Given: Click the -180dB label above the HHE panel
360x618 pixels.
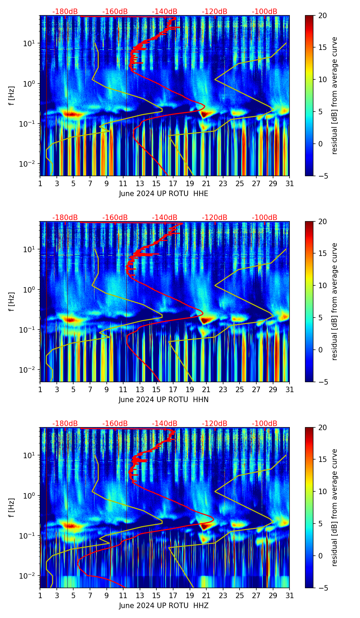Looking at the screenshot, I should coord(65,12).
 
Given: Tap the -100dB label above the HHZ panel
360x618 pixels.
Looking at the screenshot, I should coord(265,424).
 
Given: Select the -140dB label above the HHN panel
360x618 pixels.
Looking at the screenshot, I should coord(165,218).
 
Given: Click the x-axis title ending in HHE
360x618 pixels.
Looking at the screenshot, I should coord(164,194).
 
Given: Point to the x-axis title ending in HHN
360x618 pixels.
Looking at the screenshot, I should coord(164,400).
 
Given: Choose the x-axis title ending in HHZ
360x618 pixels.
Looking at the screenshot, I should coord(164,606).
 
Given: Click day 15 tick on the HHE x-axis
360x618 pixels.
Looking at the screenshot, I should coord(156,183).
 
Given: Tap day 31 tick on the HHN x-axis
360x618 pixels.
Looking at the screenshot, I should coord(290,389).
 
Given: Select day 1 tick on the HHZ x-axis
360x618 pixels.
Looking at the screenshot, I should coord(40,595).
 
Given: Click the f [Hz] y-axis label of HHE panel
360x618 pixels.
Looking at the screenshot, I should coord(12,96).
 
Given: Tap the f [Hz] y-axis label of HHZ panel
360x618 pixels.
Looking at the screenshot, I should coord(12,508).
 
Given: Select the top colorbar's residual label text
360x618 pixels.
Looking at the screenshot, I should coord(334,96).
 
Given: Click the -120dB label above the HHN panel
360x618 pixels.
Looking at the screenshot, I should coord(215,218).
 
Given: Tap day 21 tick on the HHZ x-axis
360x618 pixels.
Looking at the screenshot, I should coord(206,595).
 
